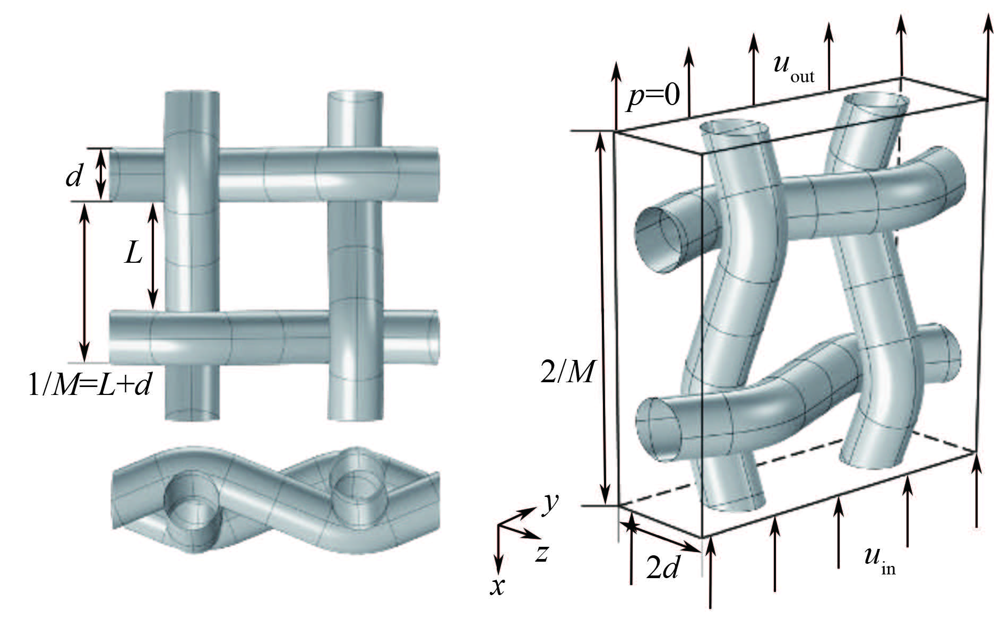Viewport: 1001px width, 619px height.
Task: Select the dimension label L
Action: (133, 255)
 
